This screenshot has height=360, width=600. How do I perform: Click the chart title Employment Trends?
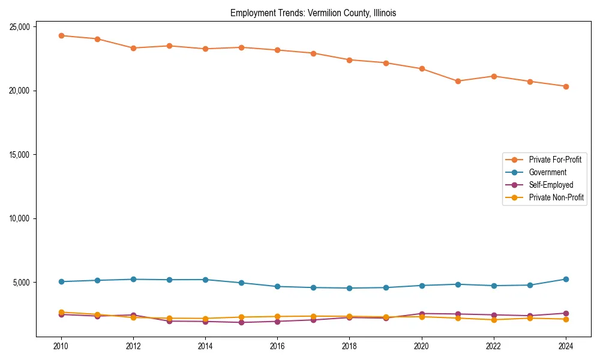pyautogui.click(x=313, y=13)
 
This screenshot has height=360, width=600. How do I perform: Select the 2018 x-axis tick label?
pyautogui.click(x=349, y=346)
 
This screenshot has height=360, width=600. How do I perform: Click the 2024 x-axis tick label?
pyautogui.click(x=566, y=346)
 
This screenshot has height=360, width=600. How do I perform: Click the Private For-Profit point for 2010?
pyautogui.click(x=61, y=35)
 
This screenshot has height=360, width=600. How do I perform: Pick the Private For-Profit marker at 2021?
pyautogui.click(x=458, y=81)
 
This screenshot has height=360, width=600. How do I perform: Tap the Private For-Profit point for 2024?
pyautogui.click(x=566, y=86)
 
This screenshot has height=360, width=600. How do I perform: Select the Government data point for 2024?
pyautogui.click(x=566, y=279)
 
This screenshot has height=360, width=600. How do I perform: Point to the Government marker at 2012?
pyautogui.click(x=133, y=279)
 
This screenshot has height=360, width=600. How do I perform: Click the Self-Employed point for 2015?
pyautogui.click(x=241, y=322)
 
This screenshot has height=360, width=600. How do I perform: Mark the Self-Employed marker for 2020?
pyautogui.click(x=422, y=314)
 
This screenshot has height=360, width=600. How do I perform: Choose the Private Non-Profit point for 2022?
pyautogui.click(x=494, y=320)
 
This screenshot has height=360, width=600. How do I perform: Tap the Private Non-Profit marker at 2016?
pyautogui.click(x=277, y=316)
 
